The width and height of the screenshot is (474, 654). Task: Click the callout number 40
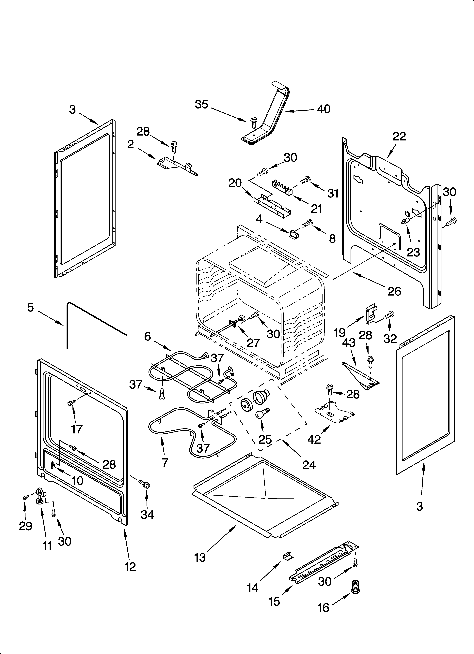324,109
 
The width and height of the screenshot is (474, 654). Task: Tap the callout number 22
399,136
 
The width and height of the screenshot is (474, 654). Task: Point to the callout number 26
394,291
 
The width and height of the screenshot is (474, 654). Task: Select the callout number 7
165,462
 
